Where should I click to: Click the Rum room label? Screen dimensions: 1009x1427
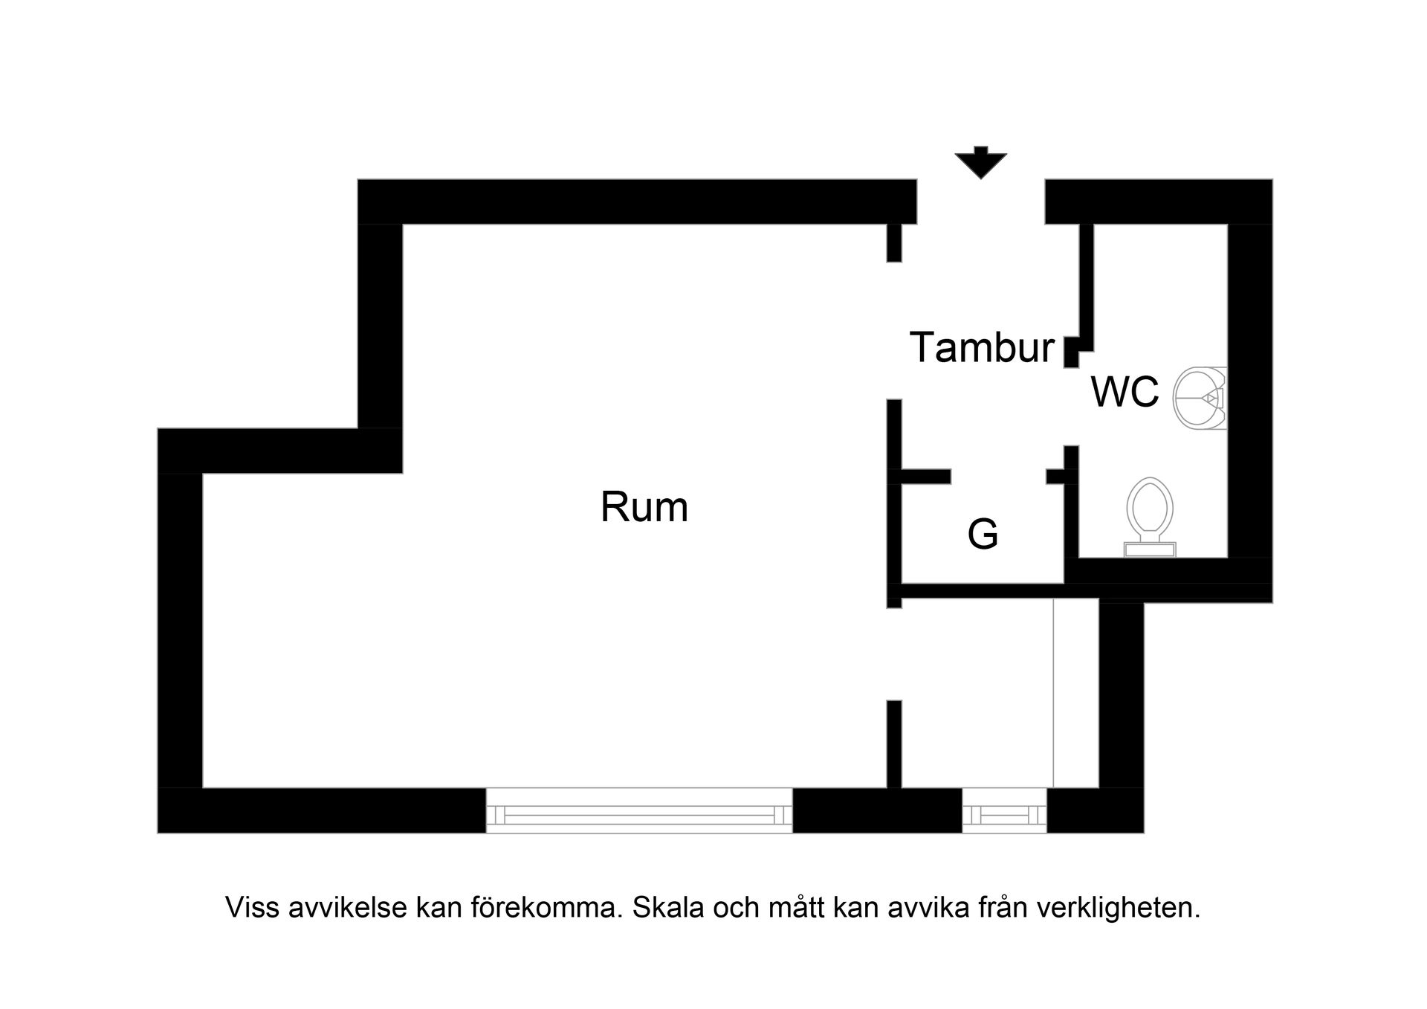pos(644,508)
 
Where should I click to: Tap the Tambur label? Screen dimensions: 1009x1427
pos(982,347)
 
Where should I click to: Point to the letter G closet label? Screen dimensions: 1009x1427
pos(983,534)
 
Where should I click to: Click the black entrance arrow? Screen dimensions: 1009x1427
pos(980,162)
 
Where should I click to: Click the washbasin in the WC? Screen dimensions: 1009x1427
pos(1197,398)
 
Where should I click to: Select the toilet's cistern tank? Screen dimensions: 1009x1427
pos(1150,549)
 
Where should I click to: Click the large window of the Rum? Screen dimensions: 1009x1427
pos(639,810)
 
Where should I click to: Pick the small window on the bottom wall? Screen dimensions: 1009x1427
pos(1004,810)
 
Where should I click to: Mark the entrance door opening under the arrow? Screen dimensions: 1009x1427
pos(980,202)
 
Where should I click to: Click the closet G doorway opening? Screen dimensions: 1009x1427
pos(998,477)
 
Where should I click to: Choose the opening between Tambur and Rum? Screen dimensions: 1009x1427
pos(894,330)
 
